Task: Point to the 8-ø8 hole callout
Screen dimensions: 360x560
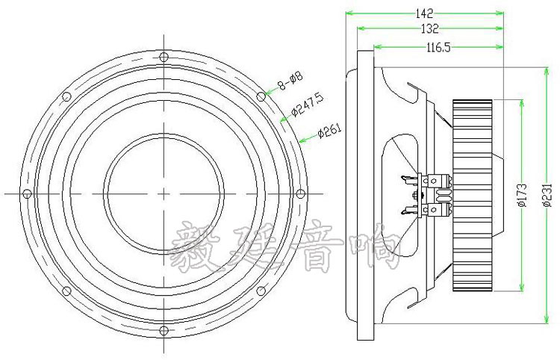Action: (290, 81)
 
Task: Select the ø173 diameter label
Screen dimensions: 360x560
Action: (523, 193)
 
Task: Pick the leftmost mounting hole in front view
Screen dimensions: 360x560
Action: (27, 193)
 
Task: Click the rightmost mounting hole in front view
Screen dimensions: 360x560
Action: (299, 193)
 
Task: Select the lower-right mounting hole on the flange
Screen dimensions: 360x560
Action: (259, 290)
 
